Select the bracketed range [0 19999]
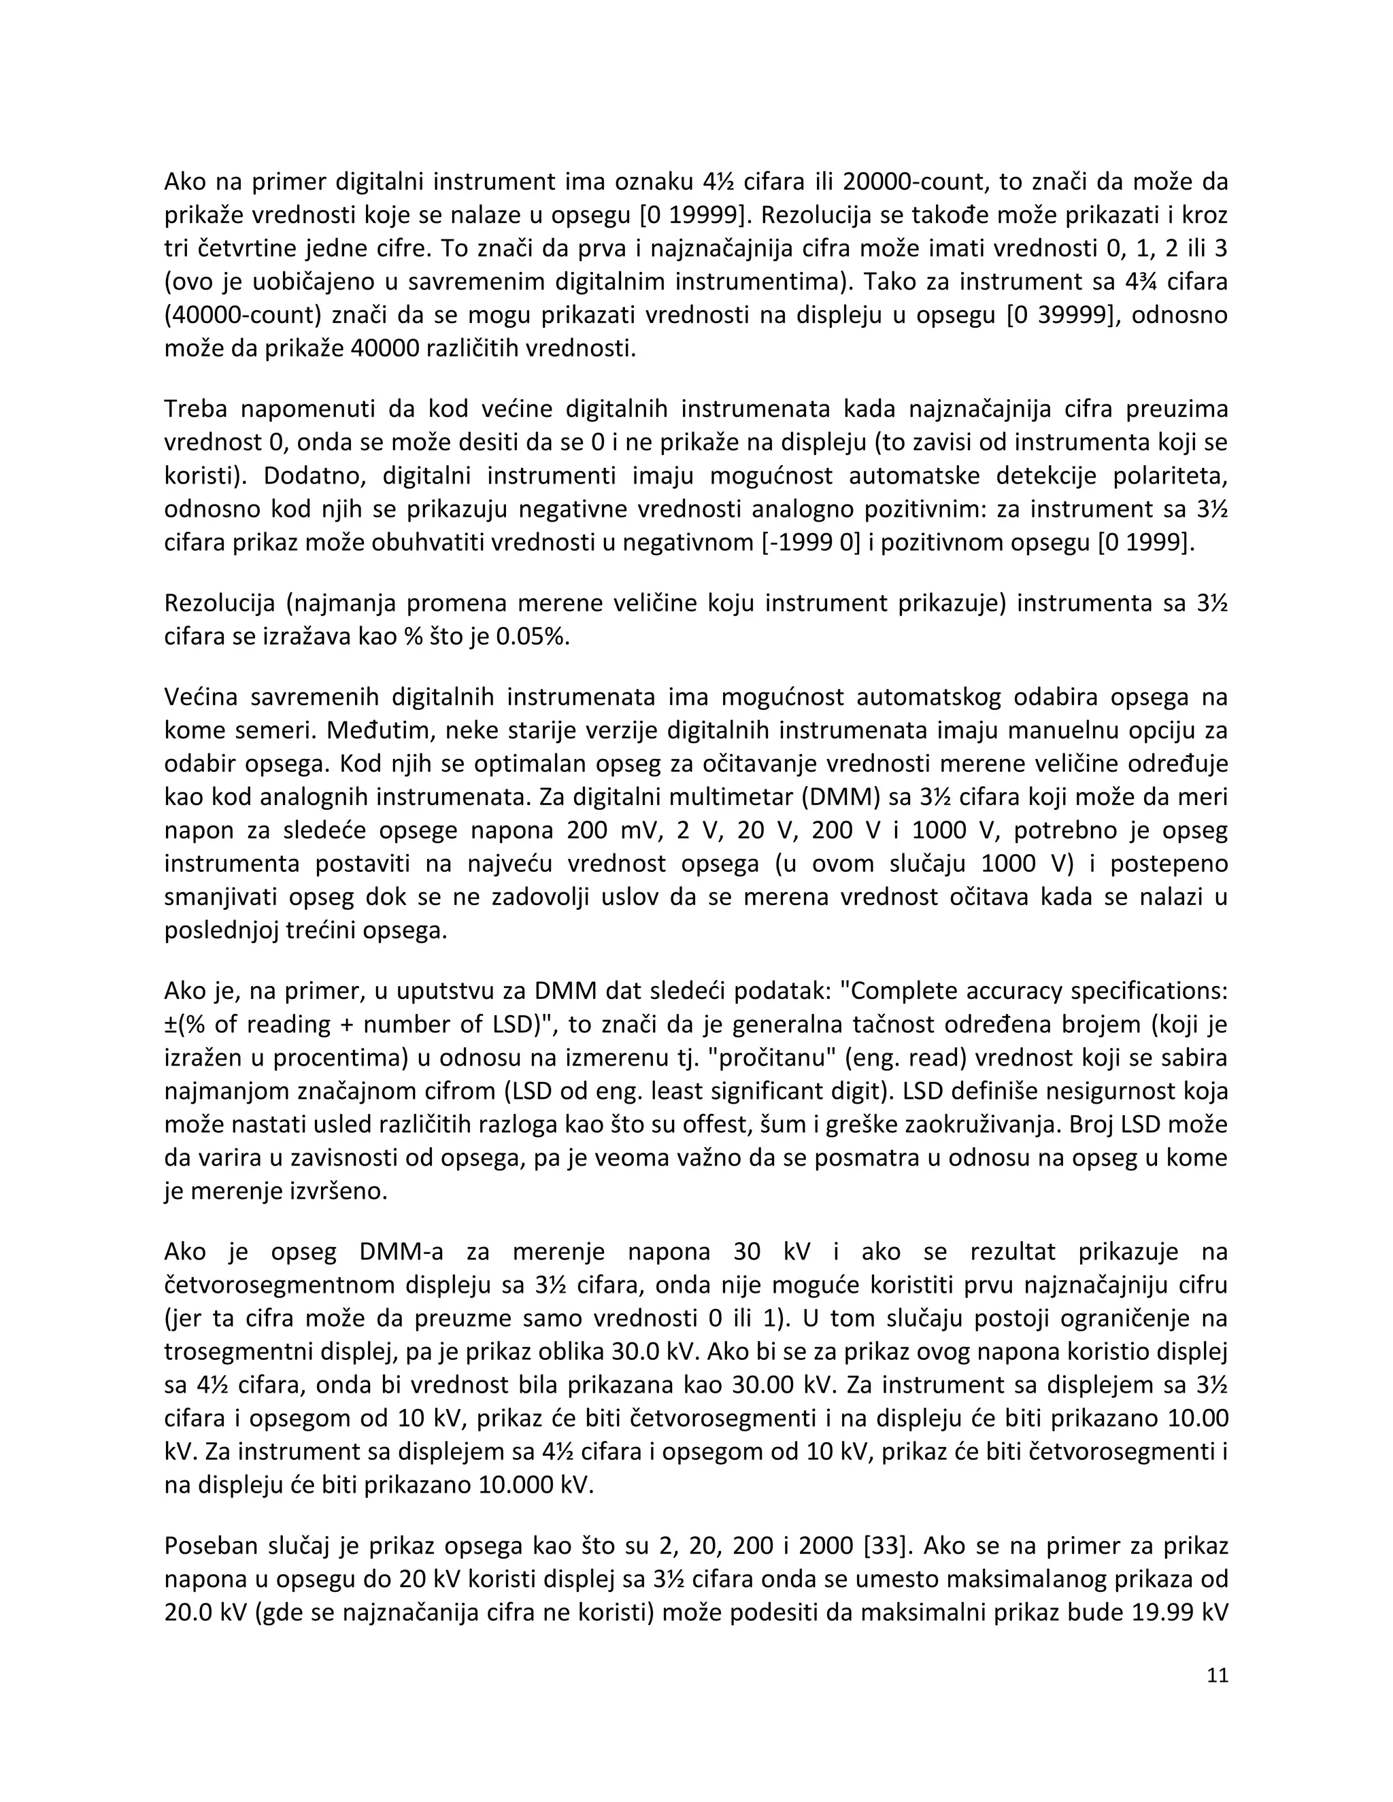click(x=692, y=214)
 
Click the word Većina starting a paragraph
click(x=201, y=697)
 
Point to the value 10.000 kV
click(x=535, y=1485)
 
